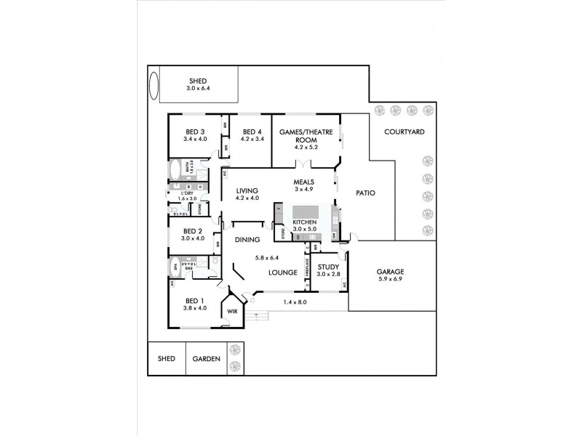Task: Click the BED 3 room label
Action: (195, 131)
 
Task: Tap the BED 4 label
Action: (251, 131)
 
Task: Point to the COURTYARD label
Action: (405, 132)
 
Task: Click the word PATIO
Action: (365, 193)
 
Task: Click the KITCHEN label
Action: (304, 222)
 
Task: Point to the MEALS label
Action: (303, 182)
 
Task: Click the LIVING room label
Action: (247, 190)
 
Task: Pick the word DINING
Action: (247, 240)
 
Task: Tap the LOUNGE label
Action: (282, 272)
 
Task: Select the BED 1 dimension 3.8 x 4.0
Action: (195, 307)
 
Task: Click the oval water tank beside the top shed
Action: (154, 85)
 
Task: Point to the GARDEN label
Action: (206, 359)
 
